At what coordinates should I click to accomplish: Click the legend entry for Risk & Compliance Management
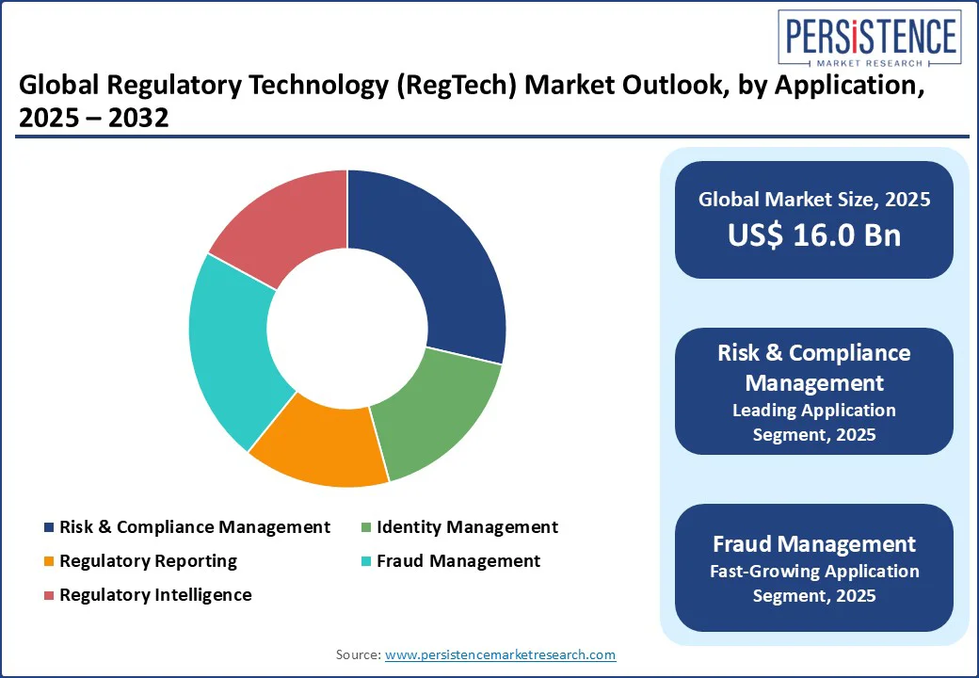coord(194,527)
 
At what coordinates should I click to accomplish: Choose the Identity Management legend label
coord(467,527)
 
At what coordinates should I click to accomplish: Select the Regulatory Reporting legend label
coord(148,561)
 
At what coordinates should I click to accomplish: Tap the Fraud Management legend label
coord(458,561)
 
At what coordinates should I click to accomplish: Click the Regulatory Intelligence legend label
coord(155,595)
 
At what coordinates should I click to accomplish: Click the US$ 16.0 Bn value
coord(813,235)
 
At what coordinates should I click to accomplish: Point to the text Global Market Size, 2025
coord(813,199)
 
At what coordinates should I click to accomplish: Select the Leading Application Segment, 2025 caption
coord(813,422)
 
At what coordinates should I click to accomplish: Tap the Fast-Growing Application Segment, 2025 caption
coord(813,583)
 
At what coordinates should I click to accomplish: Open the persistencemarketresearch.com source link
coord(500,654)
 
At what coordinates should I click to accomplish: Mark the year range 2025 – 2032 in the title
coord(94,119)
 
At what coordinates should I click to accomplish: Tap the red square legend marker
coord(49,595)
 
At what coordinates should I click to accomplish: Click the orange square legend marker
coord(49,561)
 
